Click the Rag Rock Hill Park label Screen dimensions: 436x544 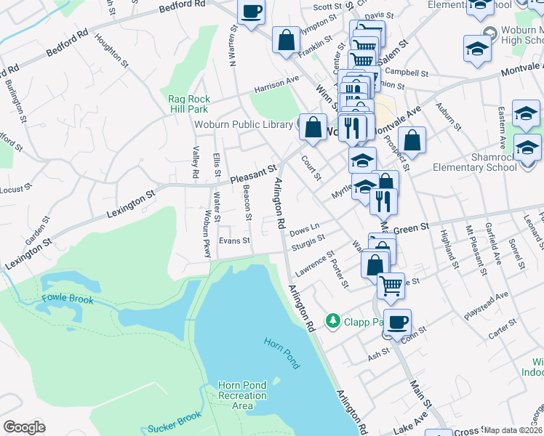pos(189,104)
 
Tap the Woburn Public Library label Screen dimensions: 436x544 pos(243,124)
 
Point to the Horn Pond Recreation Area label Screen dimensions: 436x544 pos(243,395)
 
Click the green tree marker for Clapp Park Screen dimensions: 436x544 pos(332,320)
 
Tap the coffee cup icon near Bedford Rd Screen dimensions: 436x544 pos(252,12)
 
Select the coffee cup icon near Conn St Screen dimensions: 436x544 pos(397,322)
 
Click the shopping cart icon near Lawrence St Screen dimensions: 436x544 pos(391,286)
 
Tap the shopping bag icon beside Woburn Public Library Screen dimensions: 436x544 pos(313,126)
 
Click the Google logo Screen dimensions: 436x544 pos(24,427)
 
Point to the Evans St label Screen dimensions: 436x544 pos(234,241)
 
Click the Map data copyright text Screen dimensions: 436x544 pos(513,430)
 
